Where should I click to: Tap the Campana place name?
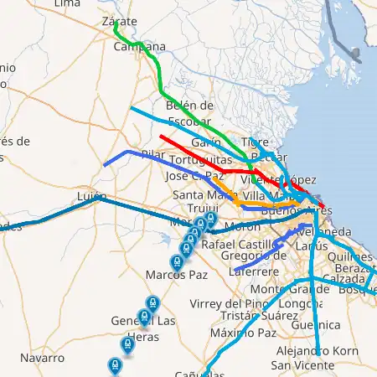pyautogui.click(x=140, y=47)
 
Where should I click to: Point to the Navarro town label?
pyautogui.click(x=42, y=358)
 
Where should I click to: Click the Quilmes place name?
pyautogui.click(x=351, y=256)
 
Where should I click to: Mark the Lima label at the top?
pyautogui.click(x=67, y=4)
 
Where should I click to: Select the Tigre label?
pyautogui.click(x=255, y=142)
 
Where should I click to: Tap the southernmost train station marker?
pyautogui.click(x=115, y=365)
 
